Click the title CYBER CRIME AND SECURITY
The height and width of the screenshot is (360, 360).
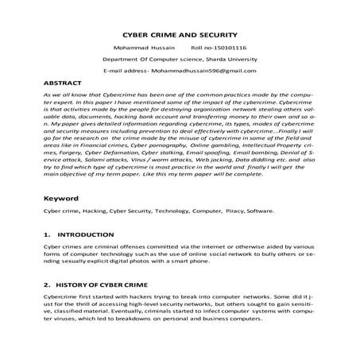pos(180,36)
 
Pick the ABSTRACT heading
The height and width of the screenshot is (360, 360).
pos(62,83)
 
